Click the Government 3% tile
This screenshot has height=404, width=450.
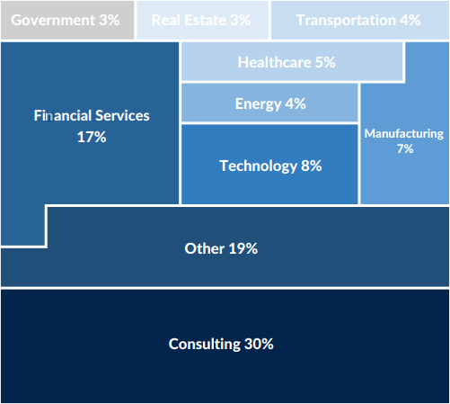tap(67, 20)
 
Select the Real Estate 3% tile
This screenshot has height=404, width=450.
tap(201, 20)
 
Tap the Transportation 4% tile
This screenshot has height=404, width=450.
tap(358, 20)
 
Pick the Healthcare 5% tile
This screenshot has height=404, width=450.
tap(292, 62)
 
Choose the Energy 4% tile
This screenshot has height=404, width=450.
tap(269, 103)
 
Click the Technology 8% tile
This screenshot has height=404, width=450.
tap(269, 166)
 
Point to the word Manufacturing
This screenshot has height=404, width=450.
tap(404, 133)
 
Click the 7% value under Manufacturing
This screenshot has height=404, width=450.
tap(404, 148)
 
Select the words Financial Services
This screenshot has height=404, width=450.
tap(92, 116)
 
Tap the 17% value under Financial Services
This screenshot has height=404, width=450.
tap(92, 137)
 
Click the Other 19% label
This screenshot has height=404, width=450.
tap(221, 248)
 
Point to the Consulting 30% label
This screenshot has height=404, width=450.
tap(221, 344)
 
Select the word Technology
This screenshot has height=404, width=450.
tap(257, 166)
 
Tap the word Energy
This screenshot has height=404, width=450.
tap(258, 103)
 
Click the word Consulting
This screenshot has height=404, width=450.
tap(204, 344)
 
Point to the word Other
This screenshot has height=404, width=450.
tap(203, 248)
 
